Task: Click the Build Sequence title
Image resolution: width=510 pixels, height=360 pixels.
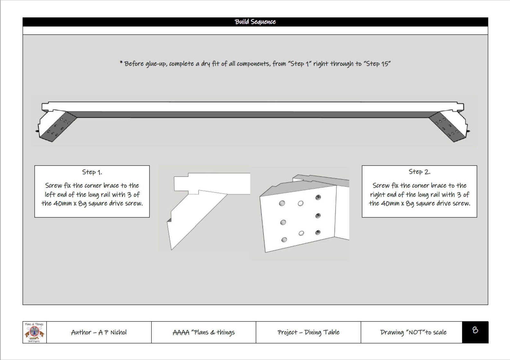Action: [255, 22]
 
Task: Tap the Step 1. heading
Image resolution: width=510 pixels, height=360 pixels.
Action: [92, 172]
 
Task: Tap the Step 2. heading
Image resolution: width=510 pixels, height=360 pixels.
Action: [419, 172]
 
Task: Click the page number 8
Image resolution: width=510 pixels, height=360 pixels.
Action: [475, 330]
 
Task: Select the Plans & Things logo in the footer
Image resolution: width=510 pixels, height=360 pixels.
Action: [34, 332]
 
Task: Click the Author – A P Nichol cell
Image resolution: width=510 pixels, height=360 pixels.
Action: [99, 332]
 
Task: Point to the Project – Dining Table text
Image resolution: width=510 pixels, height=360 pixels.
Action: [308, 332]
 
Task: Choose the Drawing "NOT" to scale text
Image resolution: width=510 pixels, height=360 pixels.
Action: [413, 332]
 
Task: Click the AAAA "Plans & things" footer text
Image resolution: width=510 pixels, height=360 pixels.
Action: [204, 332]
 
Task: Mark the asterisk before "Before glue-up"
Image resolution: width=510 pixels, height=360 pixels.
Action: [121, 63]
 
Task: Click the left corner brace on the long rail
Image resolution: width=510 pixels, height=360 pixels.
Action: [58, 126]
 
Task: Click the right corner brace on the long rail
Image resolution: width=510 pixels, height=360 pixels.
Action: [448, 126]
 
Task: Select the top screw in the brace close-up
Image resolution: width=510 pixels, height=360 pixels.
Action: [318, 197]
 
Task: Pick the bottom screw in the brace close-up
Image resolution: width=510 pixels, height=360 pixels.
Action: [318, 232]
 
